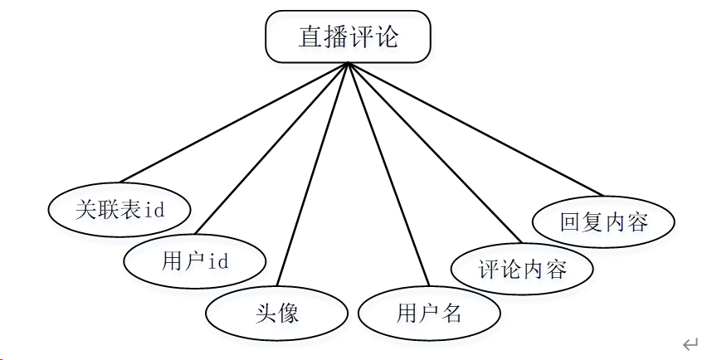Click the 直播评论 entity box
348,37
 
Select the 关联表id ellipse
120,209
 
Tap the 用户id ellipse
194,261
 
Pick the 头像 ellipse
276,313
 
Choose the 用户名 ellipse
429,313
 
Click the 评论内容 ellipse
522,270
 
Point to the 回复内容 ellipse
603,221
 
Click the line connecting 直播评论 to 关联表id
232,122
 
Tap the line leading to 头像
312,174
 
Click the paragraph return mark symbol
690,343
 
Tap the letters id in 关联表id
154,210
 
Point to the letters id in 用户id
217,262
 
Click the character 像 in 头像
288,314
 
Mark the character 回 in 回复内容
570,222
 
